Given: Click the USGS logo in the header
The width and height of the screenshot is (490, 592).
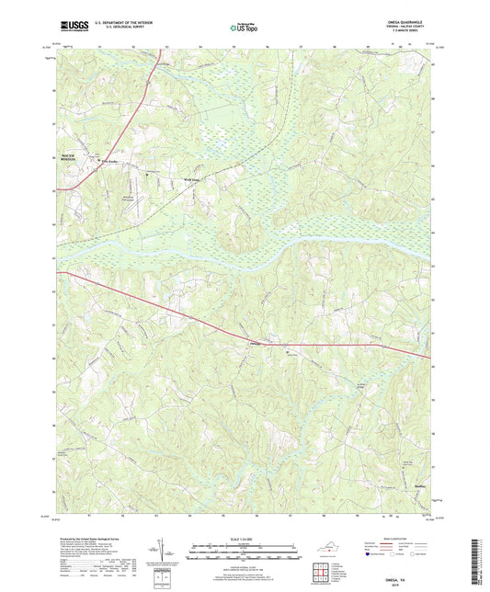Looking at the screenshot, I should pos(71,28).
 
